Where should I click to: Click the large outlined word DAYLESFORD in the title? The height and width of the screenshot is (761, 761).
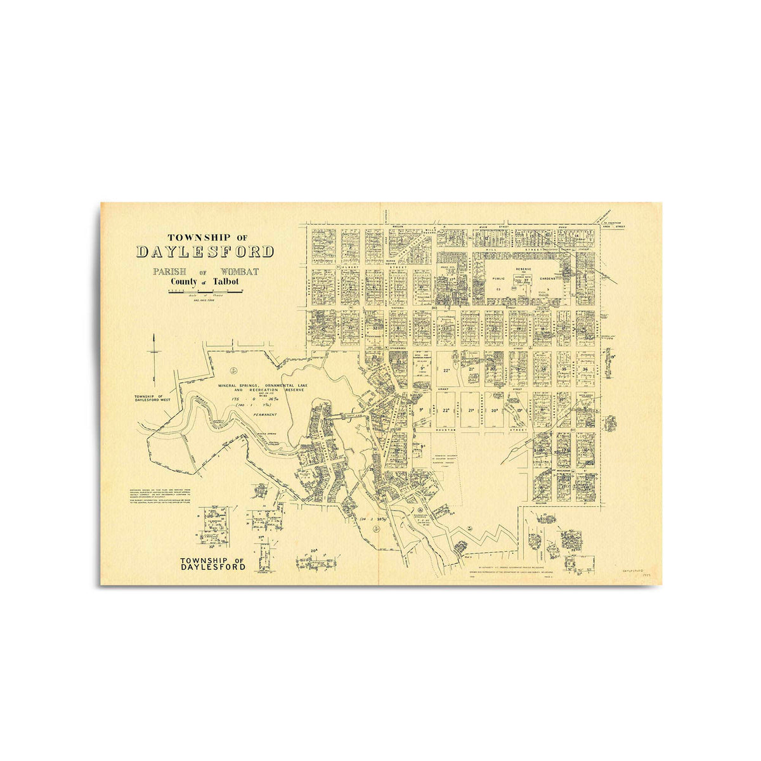tap(205, 252)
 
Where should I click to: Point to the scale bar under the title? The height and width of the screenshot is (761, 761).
tap(204, 291)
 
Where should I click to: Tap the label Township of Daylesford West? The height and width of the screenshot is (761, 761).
tap(153, 398)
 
